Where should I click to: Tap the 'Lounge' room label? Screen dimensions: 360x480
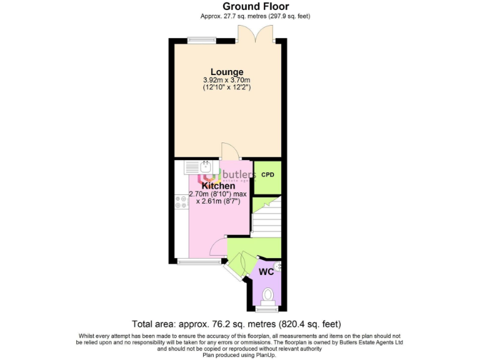[226, 72]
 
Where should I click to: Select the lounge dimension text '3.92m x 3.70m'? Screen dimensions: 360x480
[226, 80]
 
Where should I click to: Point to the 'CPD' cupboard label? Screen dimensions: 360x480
[267, 174]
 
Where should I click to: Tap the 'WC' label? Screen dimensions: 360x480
[266, 272]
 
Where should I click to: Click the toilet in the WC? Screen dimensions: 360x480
[268, 294]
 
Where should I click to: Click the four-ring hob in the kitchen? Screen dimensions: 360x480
[181, 201]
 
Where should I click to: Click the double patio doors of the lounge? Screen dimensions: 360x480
[256, 34]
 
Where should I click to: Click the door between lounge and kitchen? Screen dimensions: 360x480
[229, 152]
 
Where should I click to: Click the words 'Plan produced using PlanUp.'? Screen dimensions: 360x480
[240, 355]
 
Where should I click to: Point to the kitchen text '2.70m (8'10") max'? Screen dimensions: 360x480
[218, 194]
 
